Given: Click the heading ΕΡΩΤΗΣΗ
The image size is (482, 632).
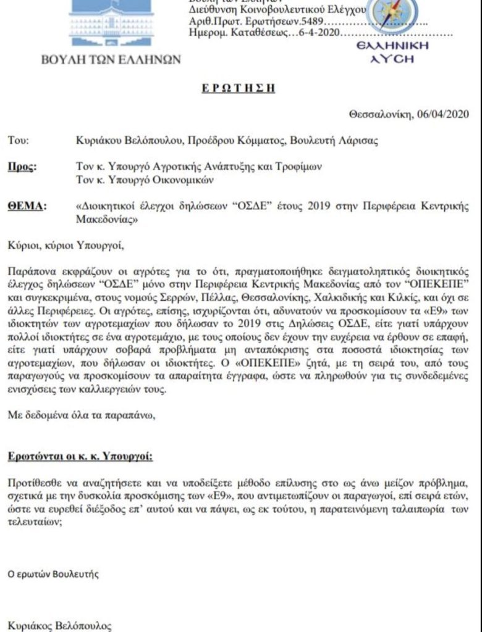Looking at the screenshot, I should click(x=239, y=88).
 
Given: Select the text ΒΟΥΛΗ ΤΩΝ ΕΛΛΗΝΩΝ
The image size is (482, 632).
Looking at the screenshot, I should click(x=111, y=60).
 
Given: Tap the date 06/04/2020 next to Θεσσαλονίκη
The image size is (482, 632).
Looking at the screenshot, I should click(x=444, y=114).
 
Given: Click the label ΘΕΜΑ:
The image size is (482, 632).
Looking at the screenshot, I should click(x=25, y=207).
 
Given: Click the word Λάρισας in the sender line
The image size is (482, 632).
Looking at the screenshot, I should click(x=357, y=141).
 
